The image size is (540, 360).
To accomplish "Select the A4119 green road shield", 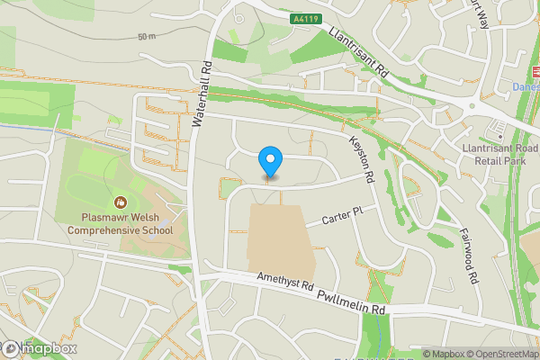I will pyautogui.click(x=305, y=16).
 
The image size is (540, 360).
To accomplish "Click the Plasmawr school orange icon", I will pyautogui.click(x=120, y=202).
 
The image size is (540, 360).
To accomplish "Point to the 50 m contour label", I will pyautogui.click(x=147, y=37).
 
